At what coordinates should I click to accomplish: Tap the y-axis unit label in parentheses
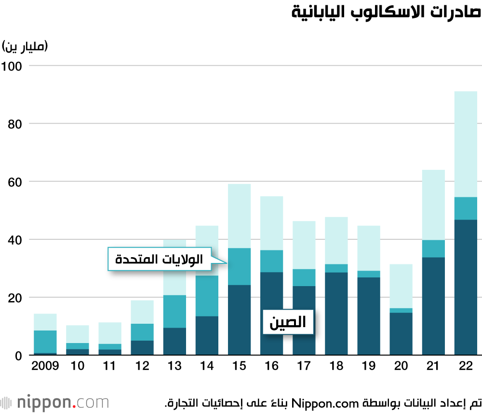[x=26, y=46]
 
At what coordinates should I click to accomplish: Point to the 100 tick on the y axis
[x=13, y=66]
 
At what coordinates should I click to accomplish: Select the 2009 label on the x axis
[x=45, y=365]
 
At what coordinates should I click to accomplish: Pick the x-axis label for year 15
[x=239, y=365]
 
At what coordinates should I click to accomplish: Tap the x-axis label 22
[x=466, y=365]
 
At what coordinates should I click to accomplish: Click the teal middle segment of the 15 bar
[x=239, y=266]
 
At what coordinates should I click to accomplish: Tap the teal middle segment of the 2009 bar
[x=45, y=342]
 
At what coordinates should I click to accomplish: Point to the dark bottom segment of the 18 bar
[x=336, y=314]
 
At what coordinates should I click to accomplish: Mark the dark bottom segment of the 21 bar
[x=433, y=306]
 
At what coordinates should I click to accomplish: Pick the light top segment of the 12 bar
[x=142, y=312]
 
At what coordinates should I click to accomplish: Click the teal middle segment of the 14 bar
[x=207, y=295]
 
